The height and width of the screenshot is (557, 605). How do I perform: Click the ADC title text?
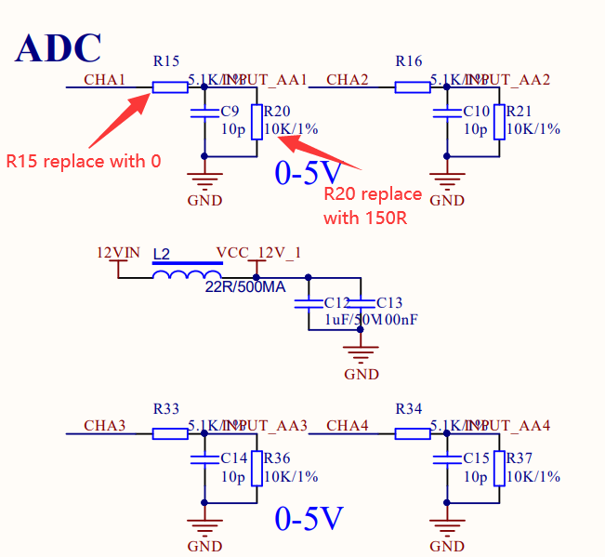pos(58,47)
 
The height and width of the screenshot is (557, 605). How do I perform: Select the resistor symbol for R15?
pos(170,87)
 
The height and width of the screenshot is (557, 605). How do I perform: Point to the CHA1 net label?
pos(104,80)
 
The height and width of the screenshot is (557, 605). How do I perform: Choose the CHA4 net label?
pos(348,426)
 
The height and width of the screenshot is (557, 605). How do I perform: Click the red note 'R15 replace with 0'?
pos(84,161)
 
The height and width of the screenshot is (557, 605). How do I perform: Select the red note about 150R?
pos(372,206)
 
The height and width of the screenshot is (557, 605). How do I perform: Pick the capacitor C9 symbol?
pos(204,113)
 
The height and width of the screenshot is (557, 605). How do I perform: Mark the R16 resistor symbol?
pos(413,87)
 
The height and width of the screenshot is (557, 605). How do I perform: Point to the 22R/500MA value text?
pos(245,287)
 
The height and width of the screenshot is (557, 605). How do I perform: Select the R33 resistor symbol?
pos(170,433)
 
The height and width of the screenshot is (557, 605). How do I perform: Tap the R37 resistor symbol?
pos(499,468)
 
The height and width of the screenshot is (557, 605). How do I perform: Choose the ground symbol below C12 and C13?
pos(362,351)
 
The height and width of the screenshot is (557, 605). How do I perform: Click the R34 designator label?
pos(409,408)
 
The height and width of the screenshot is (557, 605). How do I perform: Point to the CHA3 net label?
pos(104,426)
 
